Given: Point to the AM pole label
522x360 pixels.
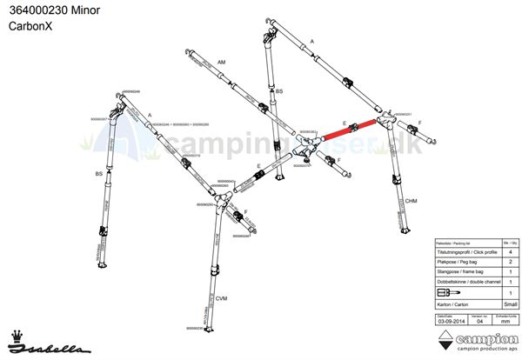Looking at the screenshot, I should [222, 63].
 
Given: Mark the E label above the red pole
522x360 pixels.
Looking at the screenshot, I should [345, 123].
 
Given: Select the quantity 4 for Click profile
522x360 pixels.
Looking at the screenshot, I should [507, 250].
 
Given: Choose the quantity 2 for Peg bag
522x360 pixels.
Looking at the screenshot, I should [507, 261].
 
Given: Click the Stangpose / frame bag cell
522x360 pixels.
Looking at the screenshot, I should [465, 271].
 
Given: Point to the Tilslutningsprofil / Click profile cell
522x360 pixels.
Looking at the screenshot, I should [465, 250].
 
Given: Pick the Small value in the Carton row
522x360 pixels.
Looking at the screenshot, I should [507, 305].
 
